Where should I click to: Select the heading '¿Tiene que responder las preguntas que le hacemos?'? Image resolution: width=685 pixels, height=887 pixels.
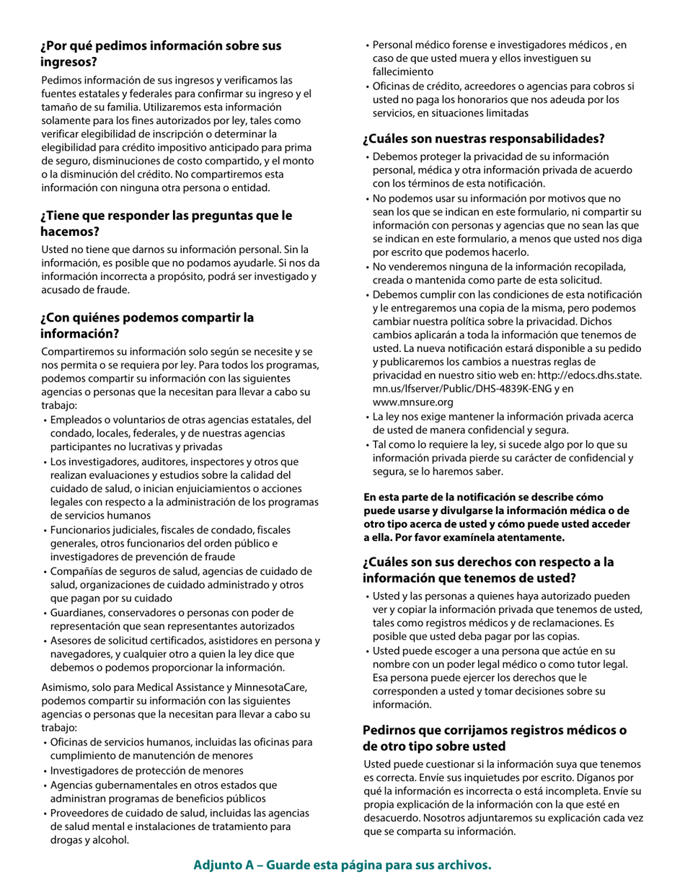click(x=167, y=224)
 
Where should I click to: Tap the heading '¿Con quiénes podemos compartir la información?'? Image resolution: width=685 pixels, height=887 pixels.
click(x=147, y=325)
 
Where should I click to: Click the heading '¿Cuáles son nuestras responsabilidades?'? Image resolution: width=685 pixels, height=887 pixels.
click(x=483, y=138)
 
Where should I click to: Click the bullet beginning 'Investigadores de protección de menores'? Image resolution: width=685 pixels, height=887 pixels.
click(x=146, y=770)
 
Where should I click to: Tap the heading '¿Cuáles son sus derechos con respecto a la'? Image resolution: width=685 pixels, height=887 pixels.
click(x=487, y=562)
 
